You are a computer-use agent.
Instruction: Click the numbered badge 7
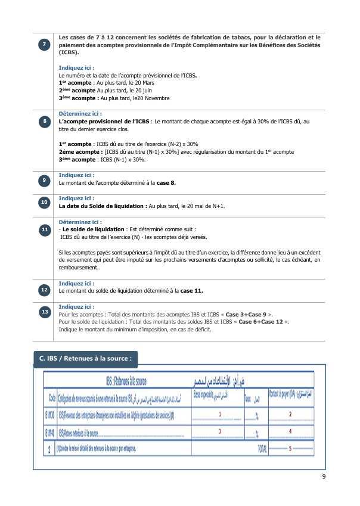click(45, 46)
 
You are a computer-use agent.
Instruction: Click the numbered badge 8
click(45, 122)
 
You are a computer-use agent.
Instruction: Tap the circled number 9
click(45, 180)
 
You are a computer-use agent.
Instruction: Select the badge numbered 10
click(45, 203)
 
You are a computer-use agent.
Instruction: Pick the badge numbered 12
click(45, 290)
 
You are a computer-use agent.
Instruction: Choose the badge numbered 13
click(45, 312)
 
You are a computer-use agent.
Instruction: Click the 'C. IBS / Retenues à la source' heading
click(85, 359)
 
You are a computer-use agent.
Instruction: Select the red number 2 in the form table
click(290, 414)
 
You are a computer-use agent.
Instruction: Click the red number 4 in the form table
click(290, 431)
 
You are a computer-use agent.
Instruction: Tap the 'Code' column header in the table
click(52, 396)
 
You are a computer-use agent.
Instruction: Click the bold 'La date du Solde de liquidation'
click(102, 206)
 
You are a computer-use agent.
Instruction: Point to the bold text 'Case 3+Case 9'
click(244, 313)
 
